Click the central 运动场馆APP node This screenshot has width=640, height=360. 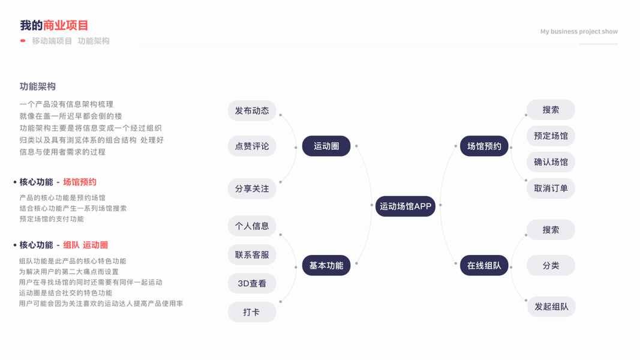click(x=405, y=206)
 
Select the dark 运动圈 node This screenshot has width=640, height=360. click(x=326, y=146)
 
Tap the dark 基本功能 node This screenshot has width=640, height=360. click(x=326, y=266)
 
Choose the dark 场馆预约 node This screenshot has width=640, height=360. click(x=484, y=146)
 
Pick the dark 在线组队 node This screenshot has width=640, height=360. click(x=484, y=266)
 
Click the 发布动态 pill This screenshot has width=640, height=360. click(x=252, y=111)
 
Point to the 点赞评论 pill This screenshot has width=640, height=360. click(x=252, y=146)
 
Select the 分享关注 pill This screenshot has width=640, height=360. click(x=252, y=189)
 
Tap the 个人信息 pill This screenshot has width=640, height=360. click(x=252, y=226)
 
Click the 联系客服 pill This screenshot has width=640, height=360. click(x=252, y=255)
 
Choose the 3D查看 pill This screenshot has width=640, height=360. click(x=252, y=284)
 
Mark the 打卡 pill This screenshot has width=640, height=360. click(x=252, y=313)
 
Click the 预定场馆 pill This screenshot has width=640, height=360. click(x=551, y=136)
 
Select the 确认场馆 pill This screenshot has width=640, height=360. click(x=551, y=162)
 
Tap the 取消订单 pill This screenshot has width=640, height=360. click(x=551, y=188)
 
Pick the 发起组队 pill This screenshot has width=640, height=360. click(x=551, y=307)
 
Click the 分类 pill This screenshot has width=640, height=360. click(x=551, y=266)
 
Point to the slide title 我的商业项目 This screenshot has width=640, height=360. click(x=54, y=25)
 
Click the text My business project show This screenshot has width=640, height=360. click(x=579, y=32)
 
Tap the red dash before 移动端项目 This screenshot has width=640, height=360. click(x=23, y=41)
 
